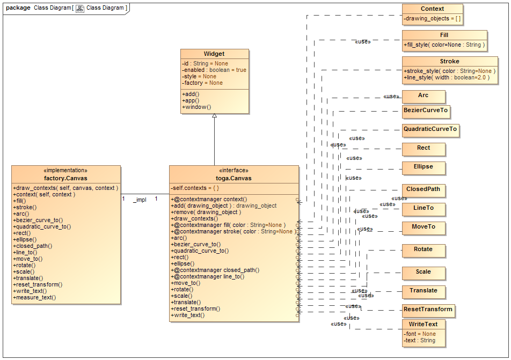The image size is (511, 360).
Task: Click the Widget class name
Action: coord(214,54)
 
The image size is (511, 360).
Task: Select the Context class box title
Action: coord(432,9)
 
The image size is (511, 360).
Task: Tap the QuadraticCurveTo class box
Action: coord(430,129)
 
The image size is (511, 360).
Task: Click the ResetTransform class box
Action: coord(428,310)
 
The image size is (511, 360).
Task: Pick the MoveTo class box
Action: coord(424,227)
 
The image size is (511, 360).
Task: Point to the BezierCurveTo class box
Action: coord(426,112)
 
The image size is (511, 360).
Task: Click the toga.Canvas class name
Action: coord(233,178)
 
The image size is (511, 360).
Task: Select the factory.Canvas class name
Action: coord(65,178)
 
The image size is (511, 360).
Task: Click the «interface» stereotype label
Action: coord(233,171)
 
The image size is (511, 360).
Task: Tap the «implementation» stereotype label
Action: coord(65,171)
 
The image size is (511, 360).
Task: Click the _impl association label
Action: coord(140,200)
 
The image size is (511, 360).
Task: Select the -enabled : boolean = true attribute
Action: coord(214,70)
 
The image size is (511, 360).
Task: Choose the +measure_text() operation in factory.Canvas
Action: coord(35,297)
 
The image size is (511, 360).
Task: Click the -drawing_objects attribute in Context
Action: coord(432,19)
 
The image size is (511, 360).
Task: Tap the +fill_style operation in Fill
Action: coord(444,45)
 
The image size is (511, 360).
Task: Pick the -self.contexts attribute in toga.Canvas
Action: coord(195,188)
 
